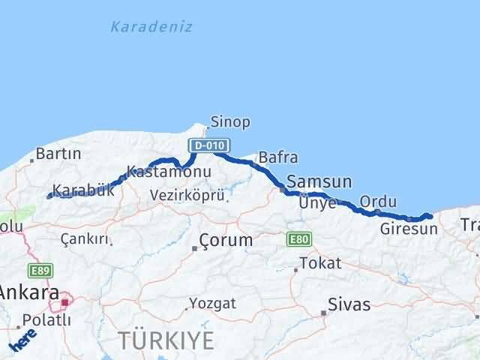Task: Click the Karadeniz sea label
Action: (x=151, y=27)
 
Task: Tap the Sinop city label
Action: (x=230, y=121)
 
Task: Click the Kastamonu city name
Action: (x=169, y=172)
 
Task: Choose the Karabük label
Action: (x=84, y=190)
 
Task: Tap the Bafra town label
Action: (x=277, y=157)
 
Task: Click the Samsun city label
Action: (x=319, y=181)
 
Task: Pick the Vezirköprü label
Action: (x=187, y=195)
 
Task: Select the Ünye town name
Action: (x=317, y=202)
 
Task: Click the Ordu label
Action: (x=377, y=202)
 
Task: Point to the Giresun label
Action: (x=408, y=229)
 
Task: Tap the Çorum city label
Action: (x=226, y=241)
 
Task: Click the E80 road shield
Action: (x=298, y=239)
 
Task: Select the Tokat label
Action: (x=320, y=263)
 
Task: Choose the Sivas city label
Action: (x=349, y=305)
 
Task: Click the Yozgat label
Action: (x=213, y=303)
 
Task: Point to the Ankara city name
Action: (x=30, y=292)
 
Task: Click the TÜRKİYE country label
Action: (x=166, y=340)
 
